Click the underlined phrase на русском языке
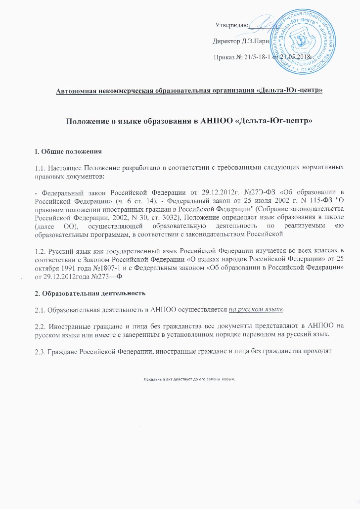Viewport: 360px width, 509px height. click(256, 309)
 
